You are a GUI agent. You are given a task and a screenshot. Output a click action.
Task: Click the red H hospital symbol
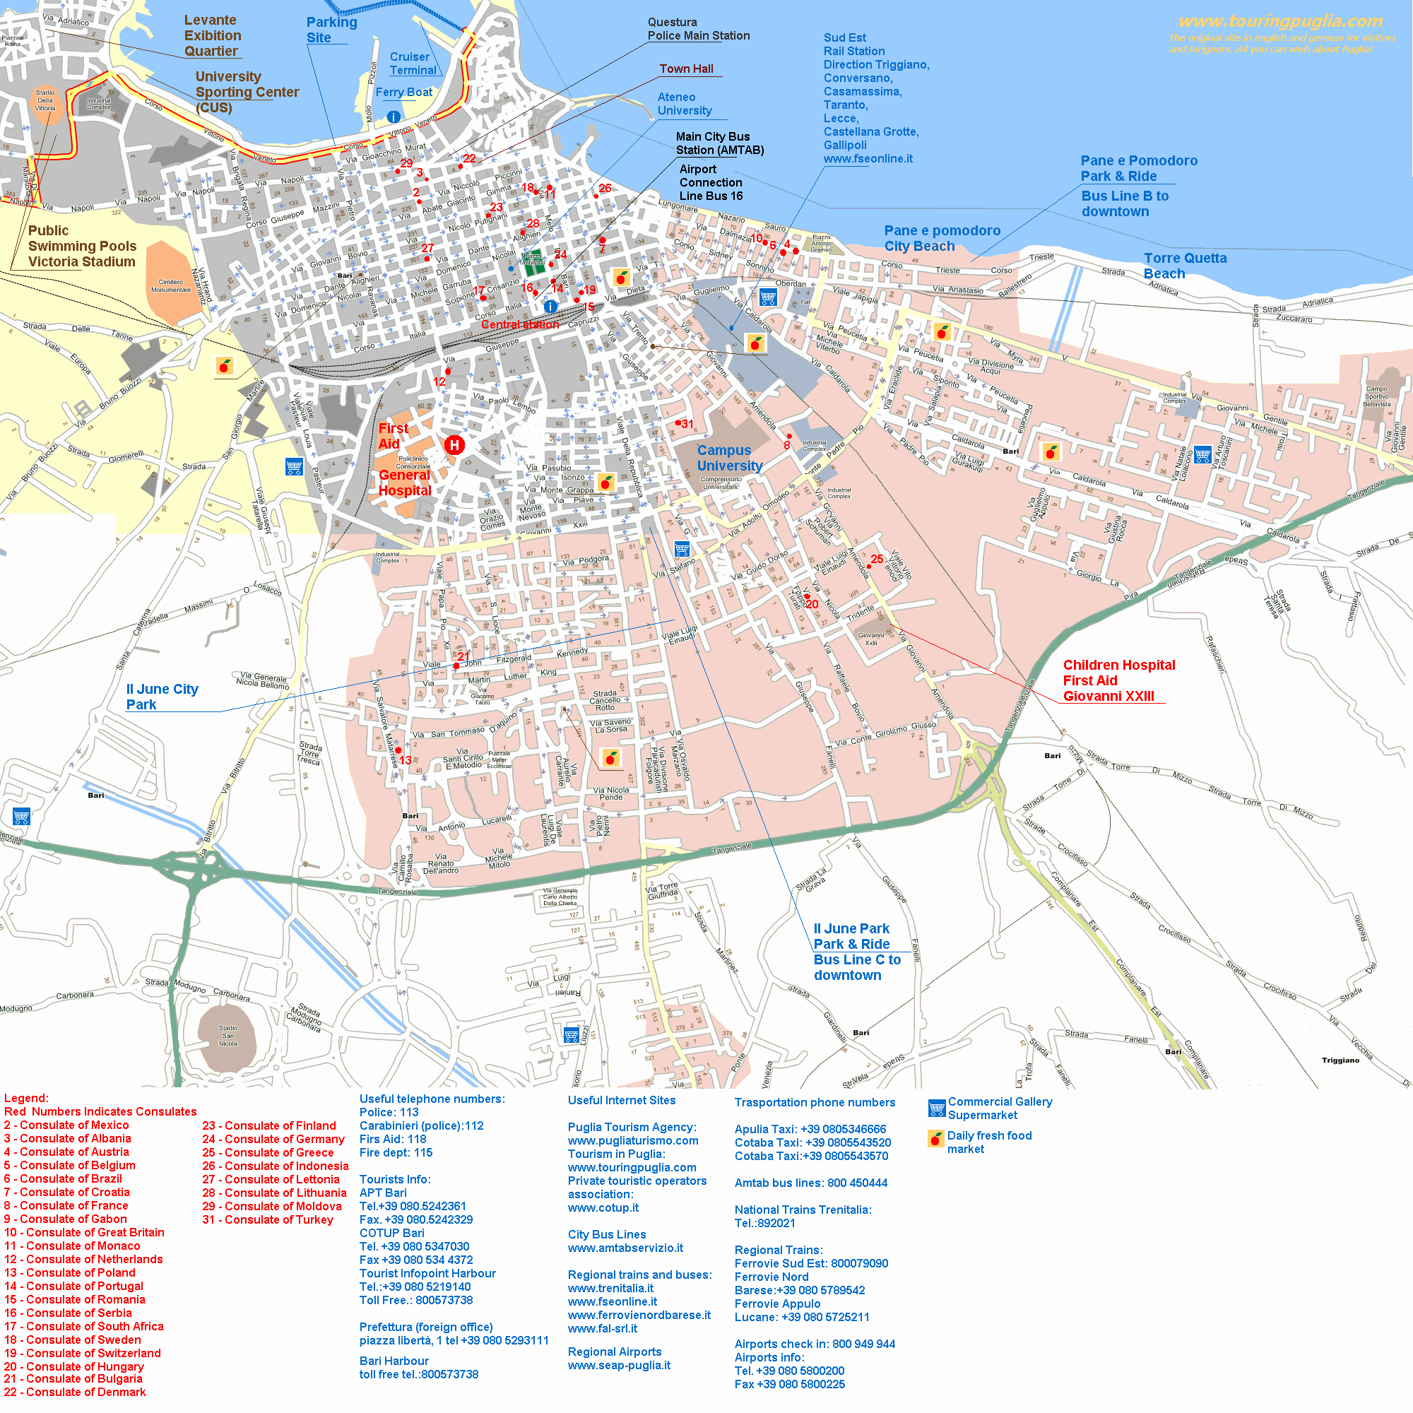pyautogui.click(x=454, y=444)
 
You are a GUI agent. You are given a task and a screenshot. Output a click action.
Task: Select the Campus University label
pyautogui.click(x=729, y=458)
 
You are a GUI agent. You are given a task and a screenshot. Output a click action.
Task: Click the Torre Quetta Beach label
pyautogui.click(x=1184, y=266)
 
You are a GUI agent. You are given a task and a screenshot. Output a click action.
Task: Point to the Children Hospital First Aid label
pyautogui.click(x=1118, y=680)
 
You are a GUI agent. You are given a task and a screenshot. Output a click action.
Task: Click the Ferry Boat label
pyautogui.click(x=403, y=92)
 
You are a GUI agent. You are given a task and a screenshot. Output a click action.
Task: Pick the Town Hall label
pyautogui.click(x=686, y=69)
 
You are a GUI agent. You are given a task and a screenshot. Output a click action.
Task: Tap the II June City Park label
pyautogui.click(x=162, y=697)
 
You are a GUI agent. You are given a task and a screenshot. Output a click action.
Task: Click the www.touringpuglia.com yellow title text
pyautogui.click(x=1280, y=21)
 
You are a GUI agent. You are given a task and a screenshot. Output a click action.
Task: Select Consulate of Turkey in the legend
pyautogui.click(x=268, y=1219)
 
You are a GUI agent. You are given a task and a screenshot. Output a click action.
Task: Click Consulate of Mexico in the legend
pyautogui.click(x=66, y=1125)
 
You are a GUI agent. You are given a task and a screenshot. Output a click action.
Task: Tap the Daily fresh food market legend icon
pyautogui.click(x=935, y=1139)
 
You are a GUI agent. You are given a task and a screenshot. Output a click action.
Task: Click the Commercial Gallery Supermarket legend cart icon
pyautogui.click(x=936, y=1108)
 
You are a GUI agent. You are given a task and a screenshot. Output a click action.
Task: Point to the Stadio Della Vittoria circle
pyautogui.click(x=45, y=102)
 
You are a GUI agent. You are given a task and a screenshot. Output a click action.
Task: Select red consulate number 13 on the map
pyautogui.click(x=404, y=760)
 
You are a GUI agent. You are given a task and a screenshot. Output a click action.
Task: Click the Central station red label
pyautogui.click(x=519, y=324)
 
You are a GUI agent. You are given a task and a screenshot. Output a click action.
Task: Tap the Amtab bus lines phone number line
pyautogui.click(x=810, y=1183)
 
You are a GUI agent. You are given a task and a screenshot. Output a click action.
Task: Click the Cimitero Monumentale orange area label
pyautogui.click(x=170, y=286)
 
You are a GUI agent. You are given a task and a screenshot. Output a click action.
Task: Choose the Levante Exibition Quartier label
pyautogui.click(x=212, y=36)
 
